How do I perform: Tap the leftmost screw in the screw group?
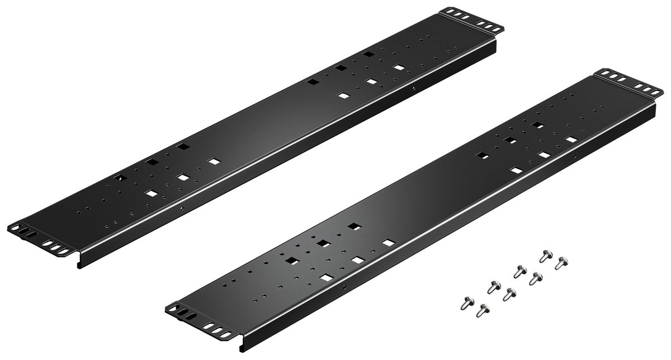(x=464, y=302)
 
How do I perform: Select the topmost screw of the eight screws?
(x=544, y=257)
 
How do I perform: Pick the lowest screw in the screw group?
(x=480, y=310)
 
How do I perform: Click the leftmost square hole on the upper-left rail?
(x=118, y=178)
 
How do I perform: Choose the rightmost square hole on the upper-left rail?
(x=399, y=68)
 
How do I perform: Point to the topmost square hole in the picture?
(x=367, y=54)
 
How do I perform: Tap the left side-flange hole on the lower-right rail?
(x=344, y=287)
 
